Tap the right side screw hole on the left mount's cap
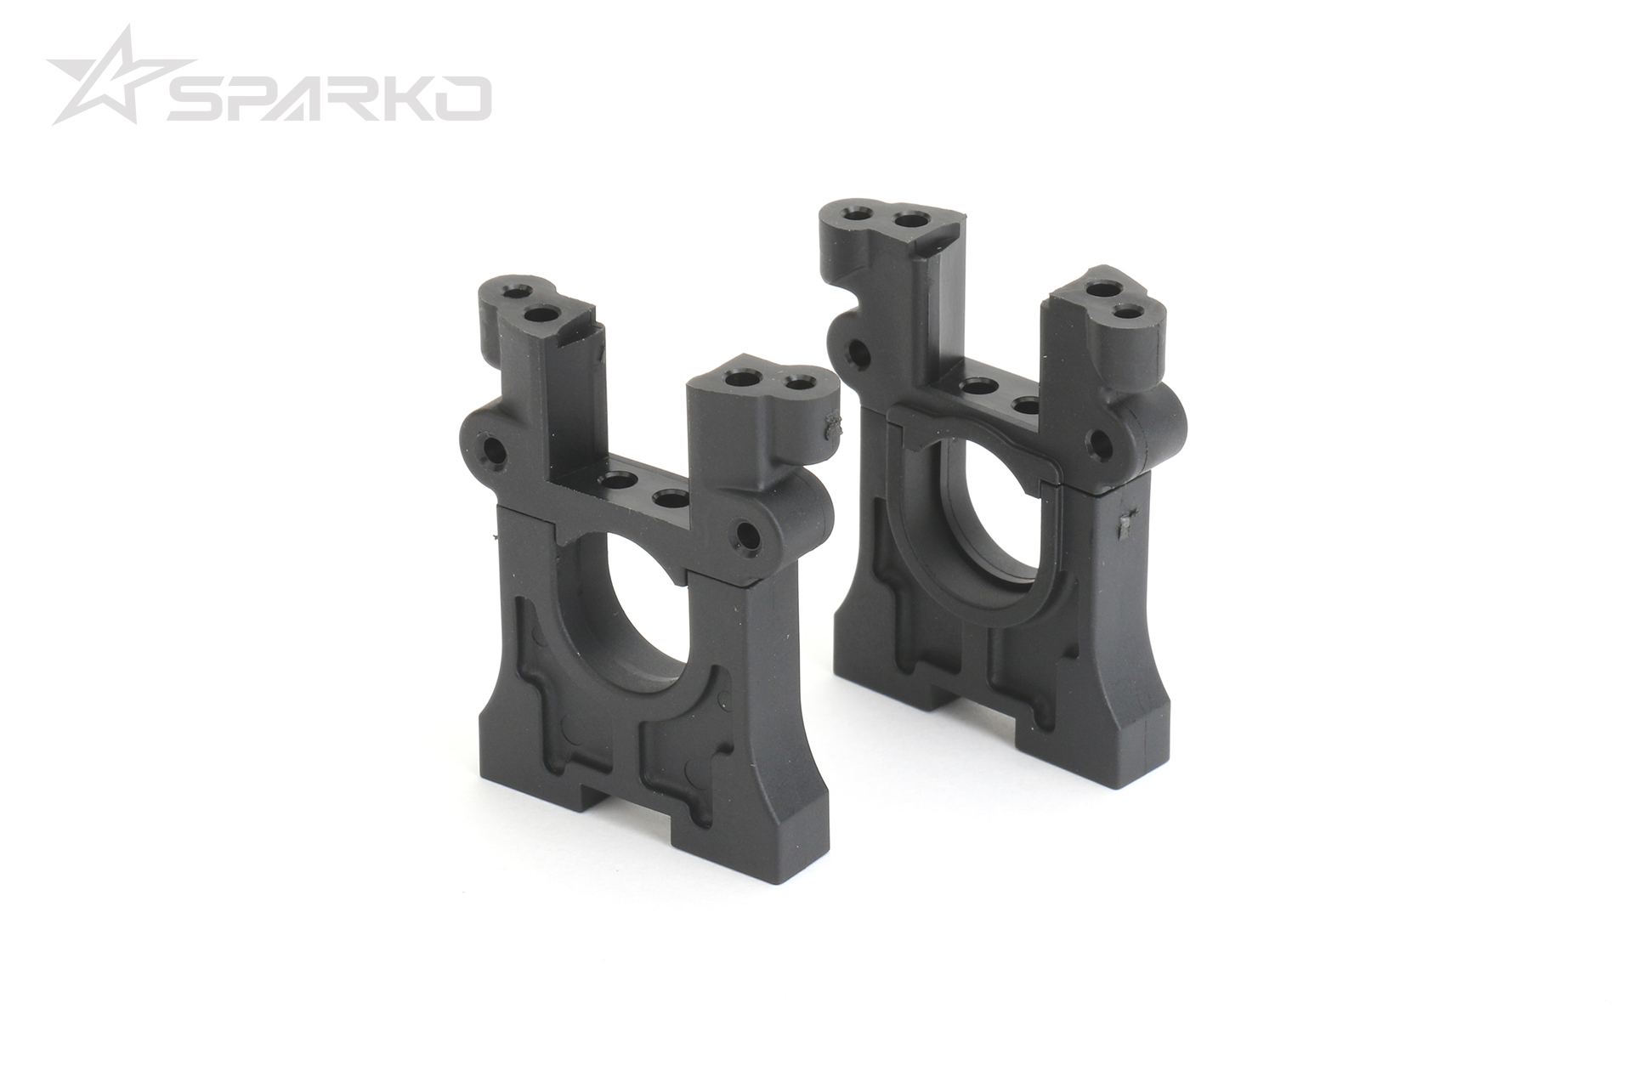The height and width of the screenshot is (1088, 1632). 749,535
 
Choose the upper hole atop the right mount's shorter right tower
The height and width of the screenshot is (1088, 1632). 1105,292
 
